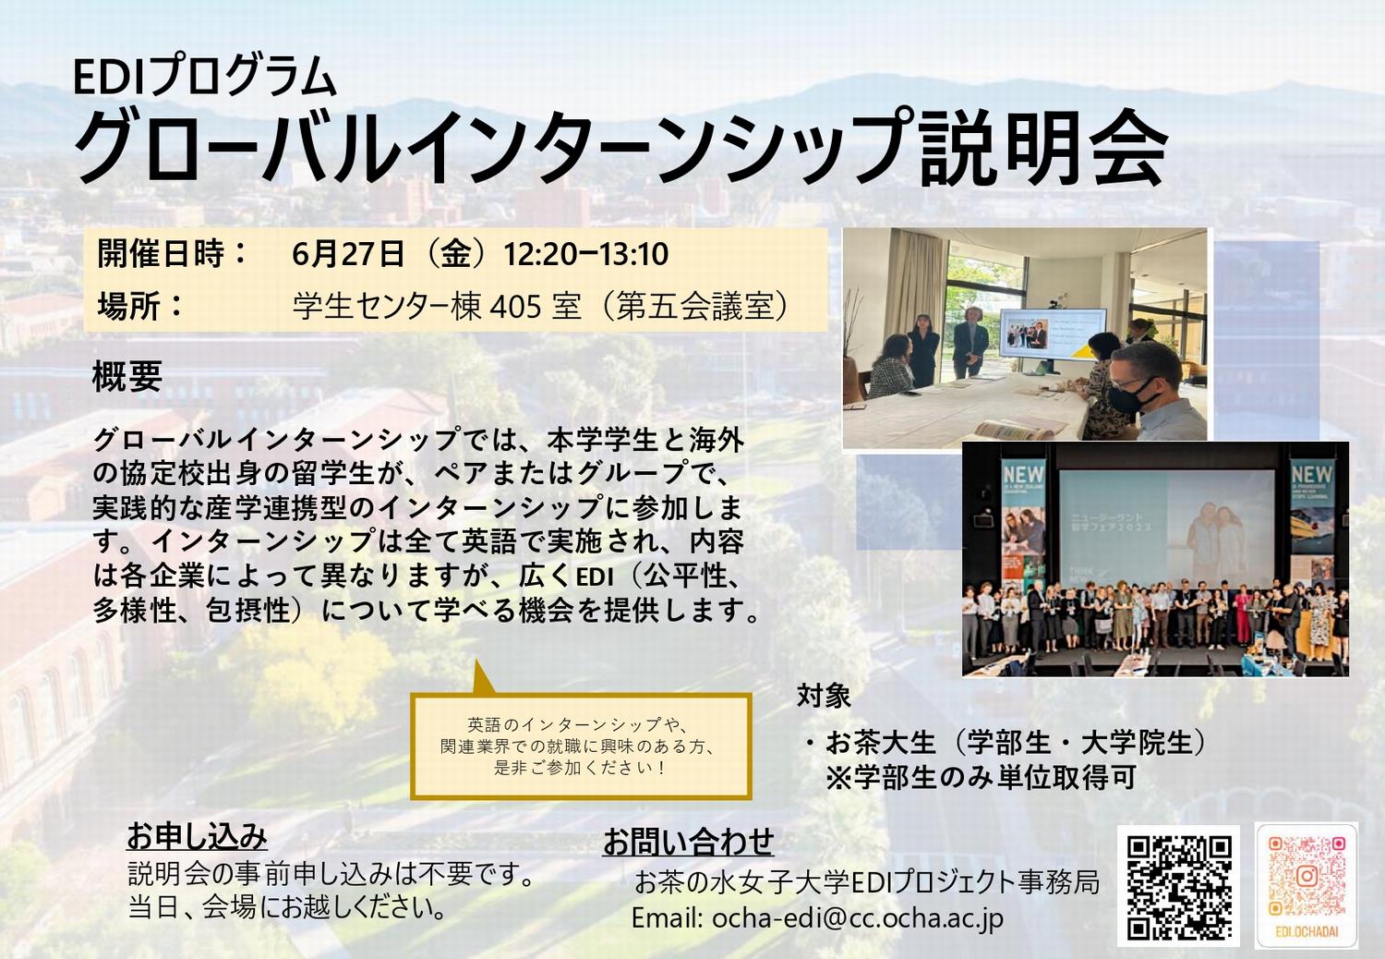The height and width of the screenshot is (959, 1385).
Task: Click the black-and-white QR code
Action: (x=1178, y=887)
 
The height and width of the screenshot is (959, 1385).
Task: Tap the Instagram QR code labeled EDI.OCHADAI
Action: (x=1307, y=885)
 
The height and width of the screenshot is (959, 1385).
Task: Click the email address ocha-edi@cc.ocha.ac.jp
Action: (x=858, y=918)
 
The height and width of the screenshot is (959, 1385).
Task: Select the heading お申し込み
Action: (x=197, y=836)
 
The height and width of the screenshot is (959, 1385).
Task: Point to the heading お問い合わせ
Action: (x=688, y=842)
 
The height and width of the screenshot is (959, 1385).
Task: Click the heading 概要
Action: (x=127, y=375)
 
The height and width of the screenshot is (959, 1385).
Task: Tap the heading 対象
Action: (x=824, y=696)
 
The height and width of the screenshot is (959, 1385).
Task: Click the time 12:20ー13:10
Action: (x=585, y=254)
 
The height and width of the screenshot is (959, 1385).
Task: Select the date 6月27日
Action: (x=347, y=254)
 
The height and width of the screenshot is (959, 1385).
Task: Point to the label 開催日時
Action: (x=160, y=253)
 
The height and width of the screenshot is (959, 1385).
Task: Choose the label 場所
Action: (x=128, y=306)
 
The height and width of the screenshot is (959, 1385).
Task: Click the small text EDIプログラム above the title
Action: (x=205, y=78)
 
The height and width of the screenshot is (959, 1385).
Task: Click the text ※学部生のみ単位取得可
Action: (x=982, y=778)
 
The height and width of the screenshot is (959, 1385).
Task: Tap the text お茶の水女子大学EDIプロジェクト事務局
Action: (x=867, y=883)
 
